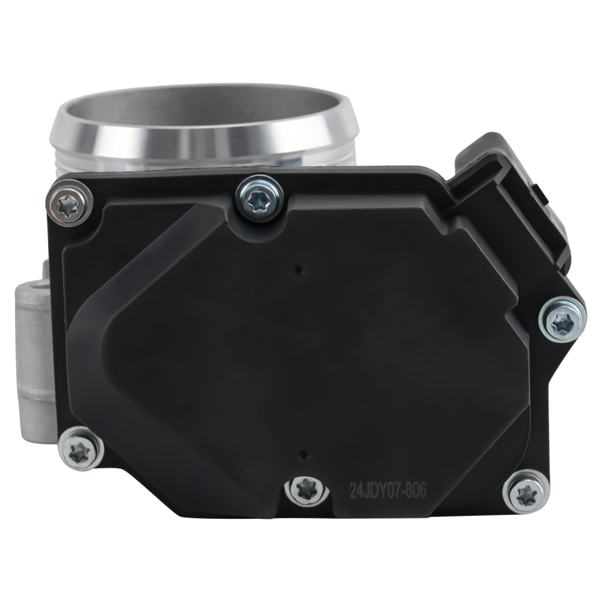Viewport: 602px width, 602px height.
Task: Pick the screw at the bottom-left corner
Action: pos(80,449)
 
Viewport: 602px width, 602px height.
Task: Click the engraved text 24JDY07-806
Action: pos(388,491)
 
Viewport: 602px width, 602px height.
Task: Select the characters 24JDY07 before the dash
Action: pos(373,491)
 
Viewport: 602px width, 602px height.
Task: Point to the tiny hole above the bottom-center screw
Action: pos(304,453)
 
